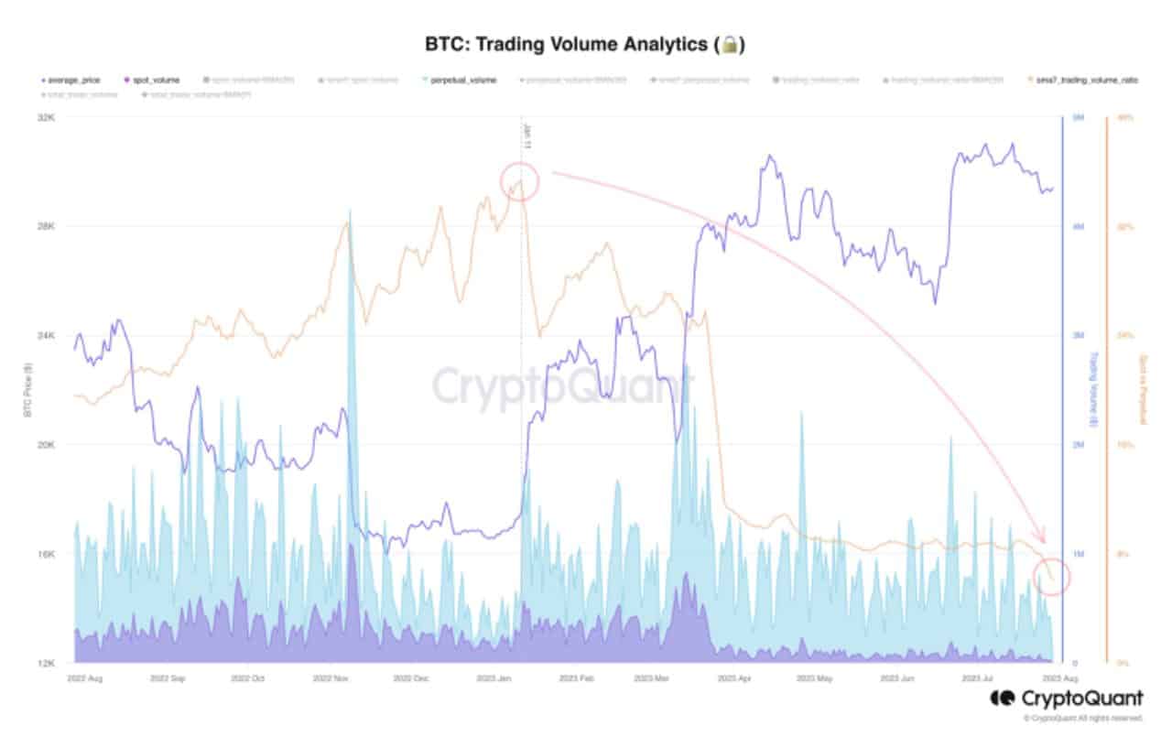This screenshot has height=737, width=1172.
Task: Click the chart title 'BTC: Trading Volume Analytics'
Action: [x=568, y=44]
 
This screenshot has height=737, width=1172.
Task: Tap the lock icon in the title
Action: [x=730, y=44]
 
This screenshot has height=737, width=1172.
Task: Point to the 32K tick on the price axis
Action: [x=48, y=117]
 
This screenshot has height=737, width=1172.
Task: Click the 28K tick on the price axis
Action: [x=48, y=226]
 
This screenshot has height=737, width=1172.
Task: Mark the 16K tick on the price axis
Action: [x=48, y=554]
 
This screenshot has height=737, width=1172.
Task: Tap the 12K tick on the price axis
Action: [x=48, y=663]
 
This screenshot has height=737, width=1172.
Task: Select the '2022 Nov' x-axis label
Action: [x=331, y=679]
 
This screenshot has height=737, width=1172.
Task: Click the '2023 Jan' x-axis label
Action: [x=496, y=679]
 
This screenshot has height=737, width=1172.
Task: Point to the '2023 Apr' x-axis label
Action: [x=735, y=679]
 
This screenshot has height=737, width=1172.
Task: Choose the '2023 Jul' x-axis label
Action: [x=981, y=679]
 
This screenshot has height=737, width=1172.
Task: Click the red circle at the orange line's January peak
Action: [x=519, y=180]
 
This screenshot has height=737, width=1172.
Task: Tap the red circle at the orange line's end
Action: [x=1052, y=576]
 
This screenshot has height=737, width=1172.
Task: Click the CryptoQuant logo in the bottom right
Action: [x=1066, y=699]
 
